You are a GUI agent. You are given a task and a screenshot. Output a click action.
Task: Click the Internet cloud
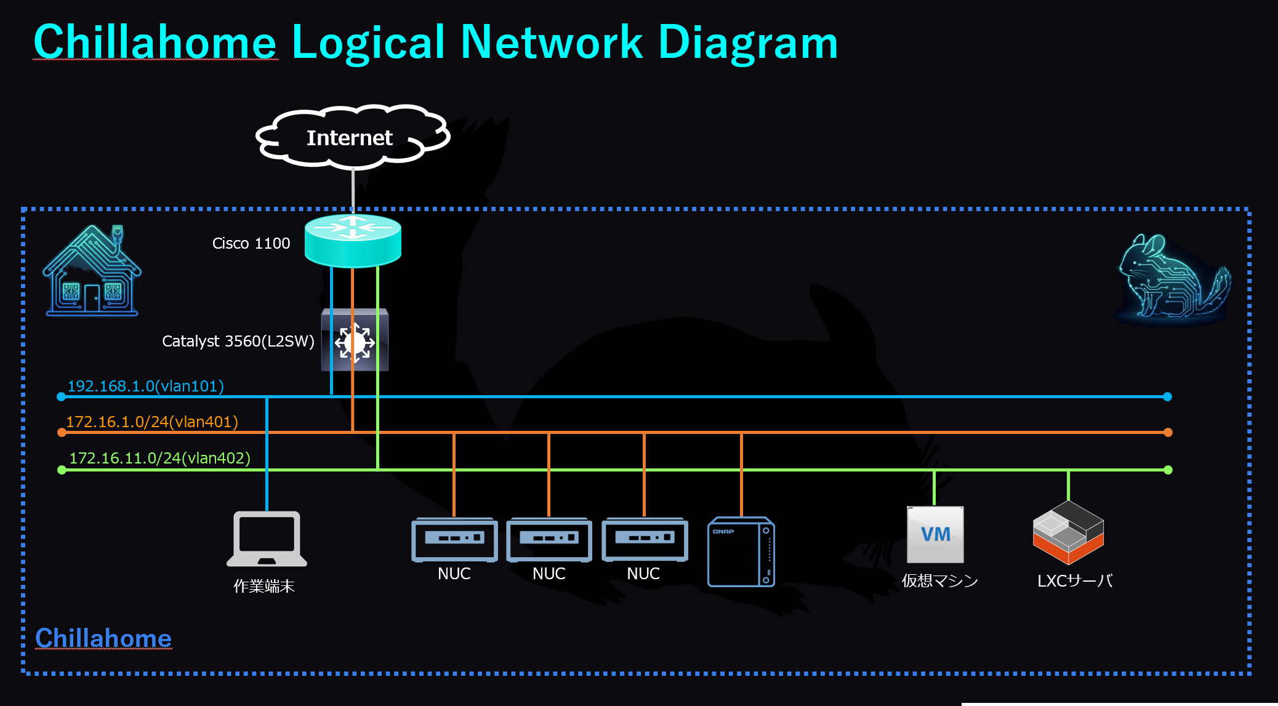click(353, 137)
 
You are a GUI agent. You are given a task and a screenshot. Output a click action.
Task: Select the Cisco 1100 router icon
click(353, 240)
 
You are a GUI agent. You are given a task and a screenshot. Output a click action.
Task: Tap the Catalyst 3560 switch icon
click(355, 340)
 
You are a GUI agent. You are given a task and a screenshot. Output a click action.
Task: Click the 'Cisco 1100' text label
click(251, 243)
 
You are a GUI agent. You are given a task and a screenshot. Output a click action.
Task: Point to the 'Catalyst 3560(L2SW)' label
click(238, 341)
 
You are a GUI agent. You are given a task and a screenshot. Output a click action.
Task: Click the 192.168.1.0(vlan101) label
click(145, 386)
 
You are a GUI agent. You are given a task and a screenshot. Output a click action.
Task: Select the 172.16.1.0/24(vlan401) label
click(152, 422)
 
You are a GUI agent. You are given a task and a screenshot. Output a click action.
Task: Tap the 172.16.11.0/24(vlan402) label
click(159, 458)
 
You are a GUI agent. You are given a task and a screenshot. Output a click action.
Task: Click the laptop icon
click(267, 539)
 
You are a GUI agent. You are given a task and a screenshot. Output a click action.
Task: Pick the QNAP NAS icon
click(741, 552)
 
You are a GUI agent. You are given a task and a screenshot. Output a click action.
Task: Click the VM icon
click(935, 534)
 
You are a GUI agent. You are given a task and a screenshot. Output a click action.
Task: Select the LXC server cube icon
click(1068, 532)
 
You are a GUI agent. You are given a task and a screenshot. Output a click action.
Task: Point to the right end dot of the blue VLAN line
click(1167, 397)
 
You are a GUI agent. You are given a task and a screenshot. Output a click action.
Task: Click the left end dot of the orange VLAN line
click(62, 433)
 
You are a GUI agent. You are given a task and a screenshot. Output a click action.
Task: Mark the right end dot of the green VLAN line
click(1168, 470)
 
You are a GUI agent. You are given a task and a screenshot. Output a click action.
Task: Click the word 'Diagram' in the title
click(748, 43)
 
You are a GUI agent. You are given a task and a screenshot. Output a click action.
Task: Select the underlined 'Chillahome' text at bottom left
click(103, 638)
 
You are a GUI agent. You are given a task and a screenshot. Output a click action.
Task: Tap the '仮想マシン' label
click(939, 580)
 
